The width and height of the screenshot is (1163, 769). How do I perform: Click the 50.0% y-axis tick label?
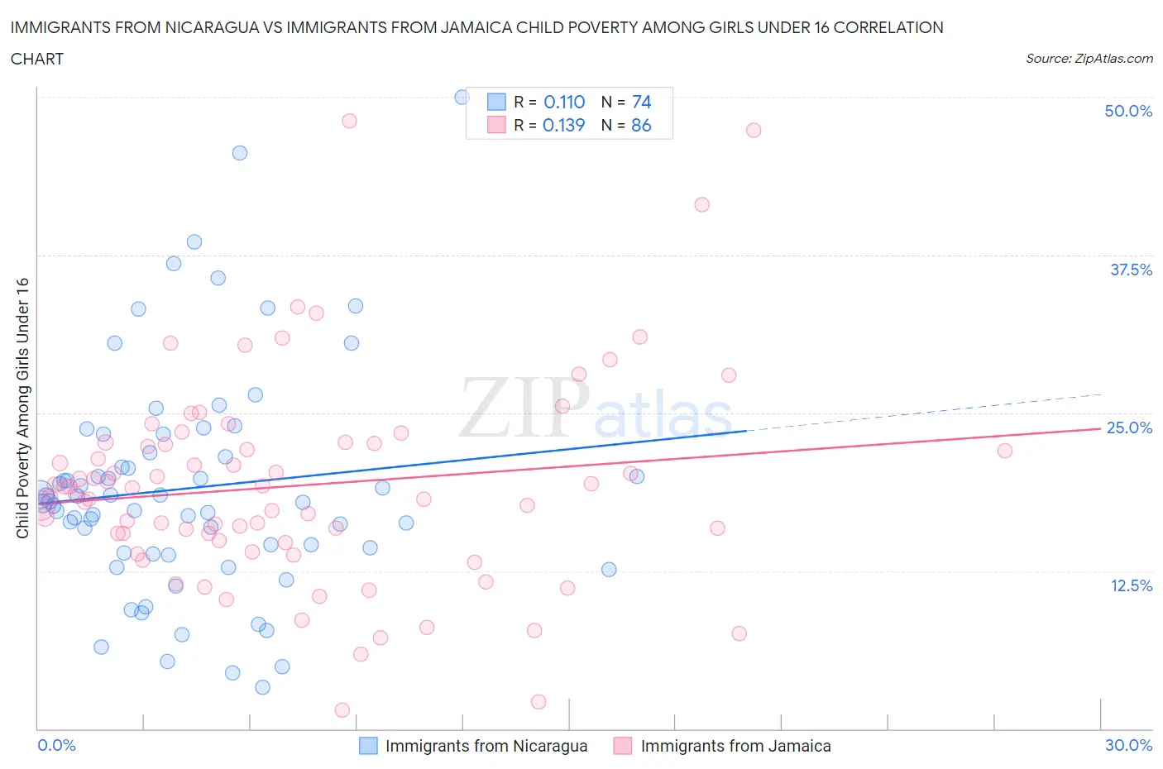tap(1127, 111)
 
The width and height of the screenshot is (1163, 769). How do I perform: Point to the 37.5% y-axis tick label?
tap(1130, 270)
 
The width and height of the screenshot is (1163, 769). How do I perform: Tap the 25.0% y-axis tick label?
tap(1129, 427)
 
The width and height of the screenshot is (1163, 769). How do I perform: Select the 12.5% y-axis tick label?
tap(1130, 585)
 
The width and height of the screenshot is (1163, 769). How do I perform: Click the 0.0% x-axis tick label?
tap(56, 745)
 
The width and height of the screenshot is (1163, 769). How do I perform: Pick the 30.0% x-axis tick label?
tap(1128, 745)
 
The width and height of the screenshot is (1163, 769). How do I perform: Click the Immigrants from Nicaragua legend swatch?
tap(368, 746)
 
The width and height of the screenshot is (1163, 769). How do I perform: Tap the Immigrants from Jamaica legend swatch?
tap(623, 746)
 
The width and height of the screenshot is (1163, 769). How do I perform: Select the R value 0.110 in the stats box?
tap(564, 102)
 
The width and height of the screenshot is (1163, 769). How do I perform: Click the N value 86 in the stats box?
tap(641, 125)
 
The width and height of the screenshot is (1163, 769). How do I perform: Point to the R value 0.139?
tap(563, 125)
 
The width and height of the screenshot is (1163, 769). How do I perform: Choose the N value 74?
tap(641, 102)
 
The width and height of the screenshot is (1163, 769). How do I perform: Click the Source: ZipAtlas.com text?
tap(1089, 59)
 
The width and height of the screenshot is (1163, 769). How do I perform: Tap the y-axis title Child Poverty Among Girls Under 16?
tap(22, 408)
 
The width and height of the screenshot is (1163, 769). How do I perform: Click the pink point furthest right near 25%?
tap(1004, 451)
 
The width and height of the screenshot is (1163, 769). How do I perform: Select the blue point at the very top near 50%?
tap(462, 98)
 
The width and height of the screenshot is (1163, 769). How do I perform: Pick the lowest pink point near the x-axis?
tap(342, 710)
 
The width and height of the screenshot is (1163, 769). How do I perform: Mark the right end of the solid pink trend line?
tap(1100, 428)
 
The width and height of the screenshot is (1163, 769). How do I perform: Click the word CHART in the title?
tap(37, 59)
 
